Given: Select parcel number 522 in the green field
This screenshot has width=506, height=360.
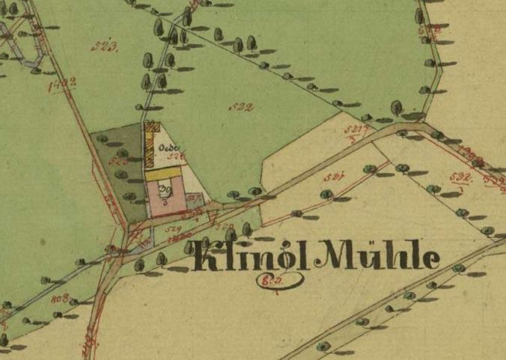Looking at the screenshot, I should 241,107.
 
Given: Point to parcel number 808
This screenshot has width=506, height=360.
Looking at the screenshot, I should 61,299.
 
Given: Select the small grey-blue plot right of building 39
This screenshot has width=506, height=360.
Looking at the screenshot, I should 193,199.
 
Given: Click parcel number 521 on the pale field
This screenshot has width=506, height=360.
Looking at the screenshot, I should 335,177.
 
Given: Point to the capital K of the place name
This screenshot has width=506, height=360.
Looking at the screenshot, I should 208,257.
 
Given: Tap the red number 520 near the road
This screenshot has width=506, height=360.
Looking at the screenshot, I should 222,225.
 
